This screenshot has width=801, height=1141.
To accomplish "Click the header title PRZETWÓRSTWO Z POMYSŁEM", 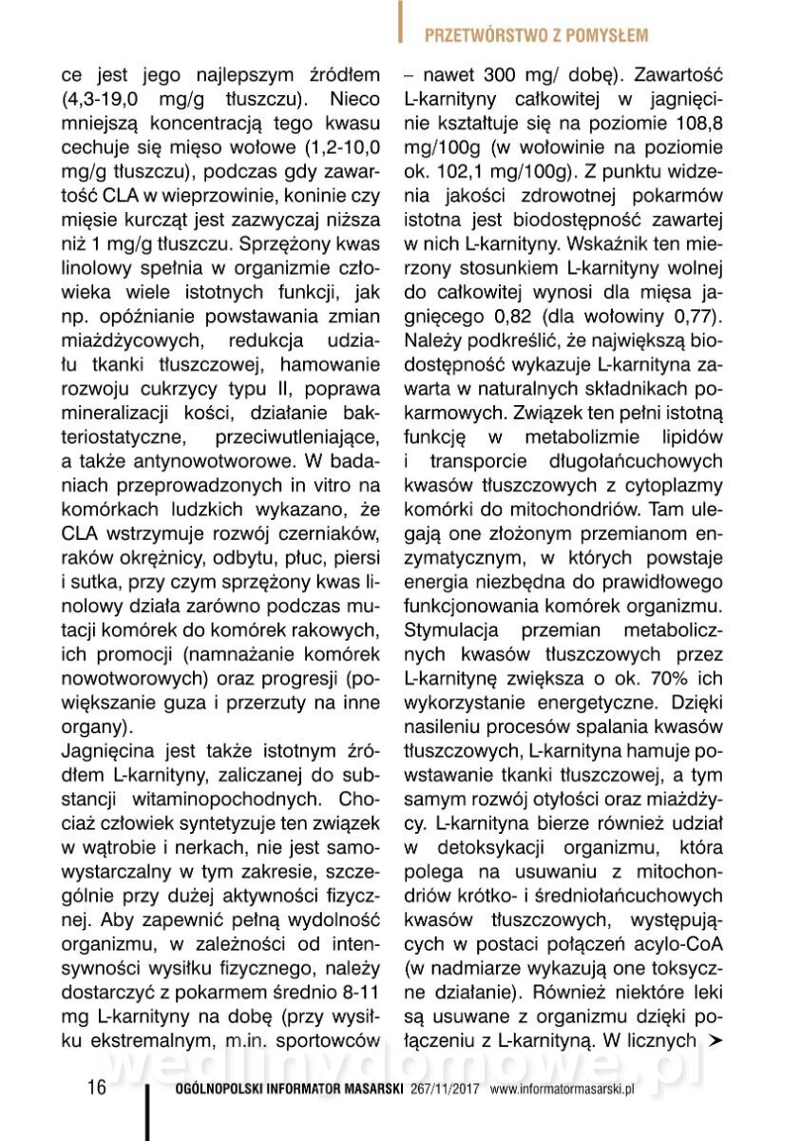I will pyautogui.click(x=536, y=35).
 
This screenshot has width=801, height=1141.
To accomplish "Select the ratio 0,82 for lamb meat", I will pyautogui.click(x=565, y=313).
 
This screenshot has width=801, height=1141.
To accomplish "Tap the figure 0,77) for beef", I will pyautogui.click(x=695, y=313).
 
